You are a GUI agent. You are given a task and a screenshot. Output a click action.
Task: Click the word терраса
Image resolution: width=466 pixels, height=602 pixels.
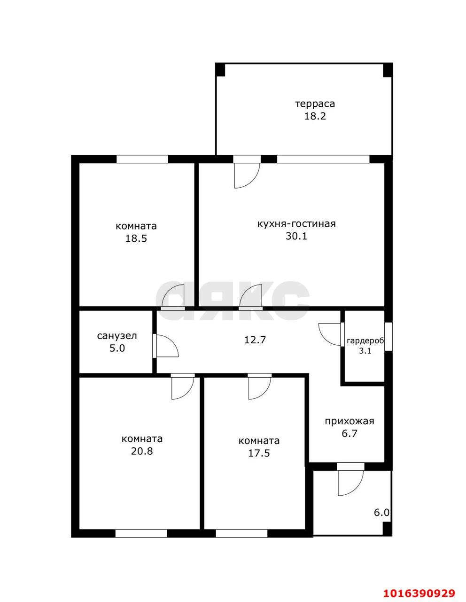[x=315, y=104]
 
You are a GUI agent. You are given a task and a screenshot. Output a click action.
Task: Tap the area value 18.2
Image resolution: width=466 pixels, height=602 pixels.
[x=315, y=116]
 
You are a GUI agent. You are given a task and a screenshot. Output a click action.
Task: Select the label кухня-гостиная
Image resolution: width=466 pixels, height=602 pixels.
[x=296, y=224]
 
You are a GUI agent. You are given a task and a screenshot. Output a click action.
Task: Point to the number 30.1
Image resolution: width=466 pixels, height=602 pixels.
[x=296, y=236]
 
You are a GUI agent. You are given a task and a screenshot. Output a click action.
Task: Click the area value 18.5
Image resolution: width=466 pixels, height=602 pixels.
[x=136, y=238]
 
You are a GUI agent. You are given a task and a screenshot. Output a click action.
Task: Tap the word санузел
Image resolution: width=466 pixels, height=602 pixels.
[x=117, y=336]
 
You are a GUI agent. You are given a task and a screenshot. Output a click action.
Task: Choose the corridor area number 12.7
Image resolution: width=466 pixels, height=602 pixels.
[x=255, y=340]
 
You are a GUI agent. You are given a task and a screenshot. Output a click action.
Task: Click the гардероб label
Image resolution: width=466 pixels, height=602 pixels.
[x=365, y=341]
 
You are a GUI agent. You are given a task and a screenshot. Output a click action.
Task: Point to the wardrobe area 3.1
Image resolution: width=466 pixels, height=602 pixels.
[x=365, y=351]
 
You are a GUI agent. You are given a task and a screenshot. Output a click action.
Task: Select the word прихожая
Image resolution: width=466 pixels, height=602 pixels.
[x=349, y=421]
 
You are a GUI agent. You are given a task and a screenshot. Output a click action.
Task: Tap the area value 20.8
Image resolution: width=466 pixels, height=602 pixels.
[x=142, y=451]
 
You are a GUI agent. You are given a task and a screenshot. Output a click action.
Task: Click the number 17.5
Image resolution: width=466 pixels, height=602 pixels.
[x=259, y=453]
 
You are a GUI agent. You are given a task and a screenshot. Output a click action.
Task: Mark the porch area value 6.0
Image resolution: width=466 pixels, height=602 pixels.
[x=381, y=513]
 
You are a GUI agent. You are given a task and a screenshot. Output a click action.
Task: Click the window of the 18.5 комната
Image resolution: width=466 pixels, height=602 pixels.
[x=142, y=159]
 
